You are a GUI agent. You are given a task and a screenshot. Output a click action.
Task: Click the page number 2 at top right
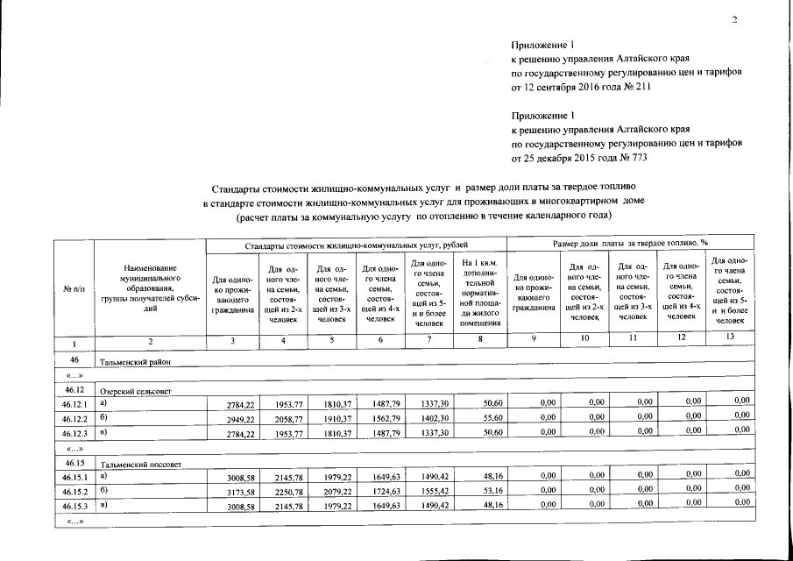point(736,20)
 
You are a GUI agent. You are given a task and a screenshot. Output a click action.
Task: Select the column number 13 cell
point(729,338)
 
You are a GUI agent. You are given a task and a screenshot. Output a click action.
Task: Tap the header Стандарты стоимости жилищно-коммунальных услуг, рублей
point(356,244)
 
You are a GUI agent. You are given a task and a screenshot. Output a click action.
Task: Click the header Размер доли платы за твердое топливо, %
point(631,241)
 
